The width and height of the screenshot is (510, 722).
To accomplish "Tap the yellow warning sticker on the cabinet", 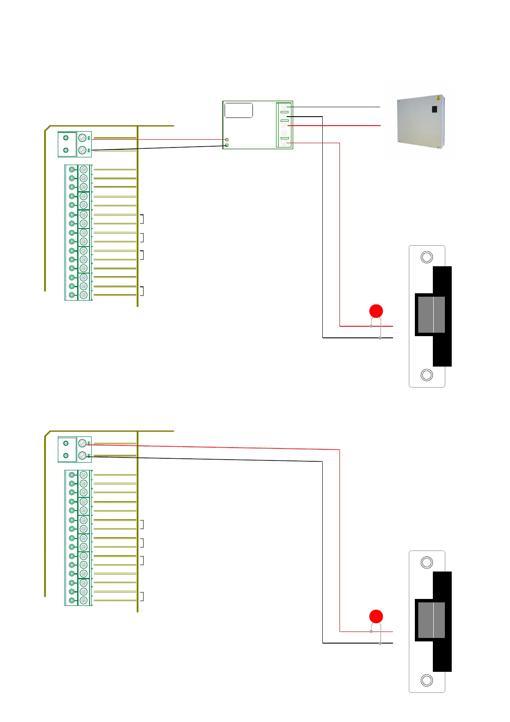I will pos(438,99).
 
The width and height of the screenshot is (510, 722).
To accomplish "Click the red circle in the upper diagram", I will pos(376,311).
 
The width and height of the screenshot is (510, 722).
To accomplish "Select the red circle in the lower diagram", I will pos(376,617).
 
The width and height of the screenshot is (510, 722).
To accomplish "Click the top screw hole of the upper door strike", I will pos(427,257).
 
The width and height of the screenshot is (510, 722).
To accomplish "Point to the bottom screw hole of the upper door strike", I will pos(427,375).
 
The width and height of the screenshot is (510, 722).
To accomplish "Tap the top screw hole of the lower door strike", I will pos(427,563).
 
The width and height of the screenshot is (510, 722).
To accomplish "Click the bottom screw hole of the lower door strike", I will pos(427,680).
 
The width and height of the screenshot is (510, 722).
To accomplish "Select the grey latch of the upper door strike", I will pos(431,315).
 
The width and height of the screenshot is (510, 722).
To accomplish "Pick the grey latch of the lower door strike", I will pos(431,620).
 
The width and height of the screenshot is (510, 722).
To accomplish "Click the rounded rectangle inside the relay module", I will pos(239,110).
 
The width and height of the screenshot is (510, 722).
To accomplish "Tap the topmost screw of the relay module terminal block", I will pos(284,107).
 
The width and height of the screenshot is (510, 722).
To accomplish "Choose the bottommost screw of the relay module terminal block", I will pos(284,143).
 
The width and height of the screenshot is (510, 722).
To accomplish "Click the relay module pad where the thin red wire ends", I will pos(227,140).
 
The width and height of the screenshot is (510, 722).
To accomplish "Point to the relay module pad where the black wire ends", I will pos(227,145).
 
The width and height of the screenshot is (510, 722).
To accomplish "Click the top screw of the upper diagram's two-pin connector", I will pos(83,138).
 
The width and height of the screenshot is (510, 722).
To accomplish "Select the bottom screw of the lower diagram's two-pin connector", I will pos(83,456).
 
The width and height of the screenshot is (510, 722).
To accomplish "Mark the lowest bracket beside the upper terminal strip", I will pos(141,291).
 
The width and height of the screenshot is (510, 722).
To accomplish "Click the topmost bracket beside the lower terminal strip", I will pos(141,524).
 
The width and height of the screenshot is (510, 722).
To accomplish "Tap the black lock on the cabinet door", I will pos(434,109).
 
